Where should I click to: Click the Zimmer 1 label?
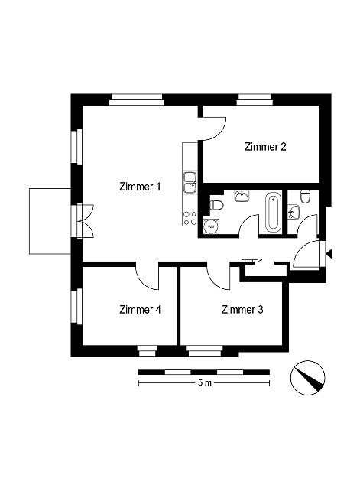click(x=140, y=187)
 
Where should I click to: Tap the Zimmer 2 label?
click(x=265, y=147)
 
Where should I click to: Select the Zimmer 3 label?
click(x=242, y=310)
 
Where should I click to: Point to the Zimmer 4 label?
click(x=140, y=310)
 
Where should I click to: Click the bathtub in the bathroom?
click(x=274, y=212)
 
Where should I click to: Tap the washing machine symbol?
click(x=211, y=226)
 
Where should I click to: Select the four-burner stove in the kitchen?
click(x=190, y=218)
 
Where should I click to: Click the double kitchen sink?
click(x=190, y=183)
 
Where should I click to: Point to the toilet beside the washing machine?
click(x=216, y=206)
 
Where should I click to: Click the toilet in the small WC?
click(x=305, y=197)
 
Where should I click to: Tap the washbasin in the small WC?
click(x=294, y=212)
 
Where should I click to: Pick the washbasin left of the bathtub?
click(x=242, y=196)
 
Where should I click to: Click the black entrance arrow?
click(x=329, y=254)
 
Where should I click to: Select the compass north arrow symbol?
click(x=307, y=378)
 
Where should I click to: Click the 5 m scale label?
click(x=204, y=382)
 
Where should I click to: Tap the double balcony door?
click(x=85, y=221)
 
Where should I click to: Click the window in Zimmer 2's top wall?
click(x=255, y=99)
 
